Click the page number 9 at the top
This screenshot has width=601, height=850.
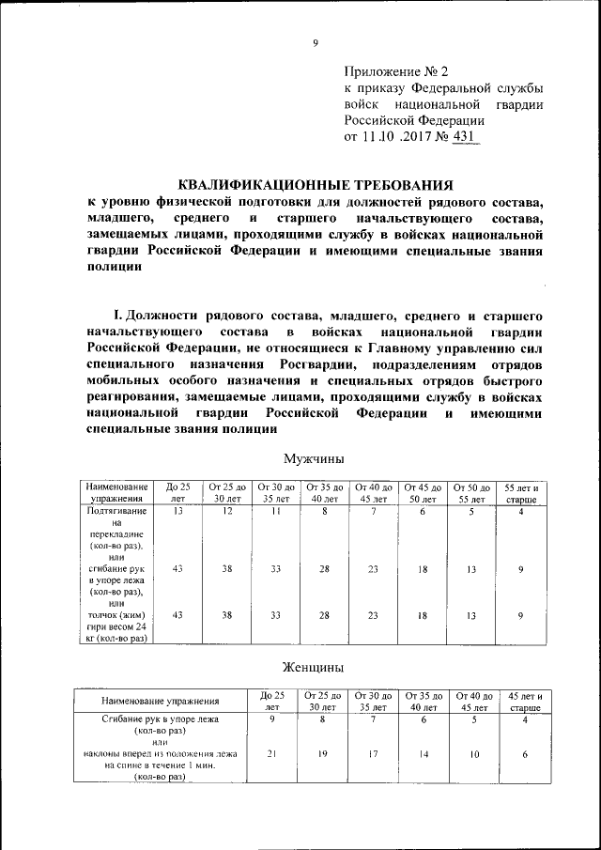click(316, 42)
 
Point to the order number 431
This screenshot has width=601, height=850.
click(464, 137)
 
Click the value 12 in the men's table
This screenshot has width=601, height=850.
click(227, 512)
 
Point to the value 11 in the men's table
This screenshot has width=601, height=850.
click(276, 512)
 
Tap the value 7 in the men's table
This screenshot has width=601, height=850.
click(373, 512)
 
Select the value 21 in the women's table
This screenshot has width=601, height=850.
click(271, 753)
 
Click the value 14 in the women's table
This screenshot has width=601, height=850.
click(423, 753)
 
